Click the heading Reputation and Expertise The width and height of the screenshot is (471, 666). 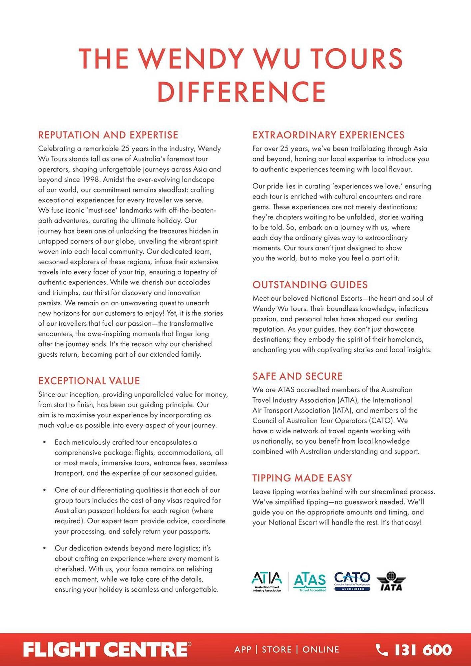pos(108,135)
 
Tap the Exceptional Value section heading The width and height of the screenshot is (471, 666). pos(89,381)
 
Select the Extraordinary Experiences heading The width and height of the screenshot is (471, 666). pos(328,135)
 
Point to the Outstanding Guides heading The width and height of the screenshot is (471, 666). pos(310,285)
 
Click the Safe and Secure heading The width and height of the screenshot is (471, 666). pos(297,376)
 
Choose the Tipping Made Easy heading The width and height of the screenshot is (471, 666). pos(302,478)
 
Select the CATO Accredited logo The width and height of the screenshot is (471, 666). pos(352,581)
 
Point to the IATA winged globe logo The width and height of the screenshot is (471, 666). pos(391,581)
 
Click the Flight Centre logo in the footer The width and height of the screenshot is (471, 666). pos(107,650)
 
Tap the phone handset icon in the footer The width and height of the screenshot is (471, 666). pos(382,650)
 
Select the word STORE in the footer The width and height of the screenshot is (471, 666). pos(277,650)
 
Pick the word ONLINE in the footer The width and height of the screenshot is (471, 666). pos(321,650)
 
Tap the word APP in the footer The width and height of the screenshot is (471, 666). pos(243,650)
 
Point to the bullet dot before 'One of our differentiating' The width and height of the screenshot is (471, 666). pos(45,490)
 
